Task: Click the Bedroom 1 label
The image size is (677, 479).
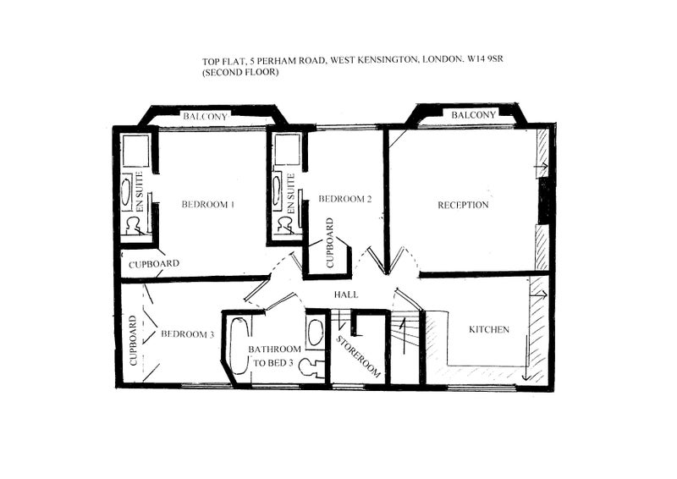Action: click(207, 204)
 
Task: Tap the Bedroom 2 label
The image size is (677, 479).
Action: click(344, 199)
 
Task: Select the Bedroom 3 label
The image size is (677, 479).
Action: click(187, 334)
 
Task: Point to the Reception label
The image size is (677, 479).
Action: click(463, 205)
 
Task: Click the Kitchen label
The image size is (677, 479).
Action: click(489, 329)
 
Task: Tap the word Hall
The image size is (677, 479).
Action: click(346, 295)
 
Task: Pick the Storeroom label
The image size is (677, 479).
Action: click(358, 356)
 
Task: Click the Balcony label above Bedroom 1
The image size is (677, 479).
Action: click(205, 116)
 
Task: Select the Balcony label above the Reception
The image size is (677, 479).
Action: click(474, 115)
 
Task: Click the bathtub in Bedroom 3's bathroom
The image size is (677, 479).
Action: click(239, 345)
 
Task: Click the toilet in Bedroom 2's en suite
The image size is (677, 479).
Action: click(285, 224)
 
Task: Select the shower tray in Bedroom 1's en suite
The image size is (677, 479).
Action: click(136, 151)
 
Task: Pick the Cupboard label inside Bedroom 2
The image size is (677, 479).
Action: click(330, 243)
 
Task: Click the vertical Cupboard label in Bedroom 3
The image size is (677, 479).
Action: click(133, 341)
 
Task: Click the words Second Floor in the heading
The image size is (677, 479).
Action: click(241, 72)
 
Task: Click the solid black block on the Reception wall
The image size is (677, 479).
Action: click(543, 201)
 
